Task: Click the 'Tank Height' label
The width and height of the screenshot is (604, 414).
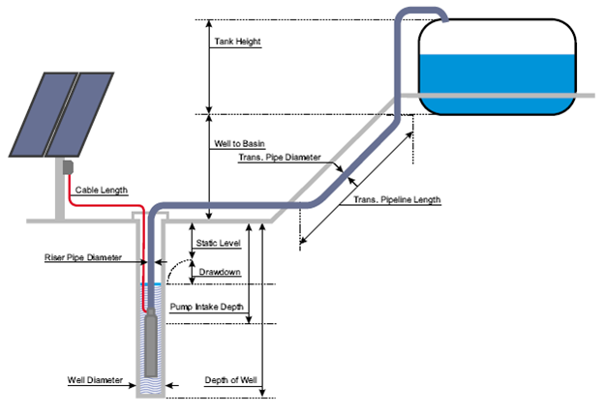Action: (236, 42)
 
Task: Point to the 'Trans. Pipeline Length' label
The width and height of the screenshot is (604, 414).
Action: (397, 200)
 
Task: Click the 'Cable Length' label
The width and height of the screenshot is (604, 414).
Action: (102, 190)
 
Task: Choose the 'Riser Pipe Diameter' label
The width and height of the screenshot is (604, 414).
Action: (83, 258)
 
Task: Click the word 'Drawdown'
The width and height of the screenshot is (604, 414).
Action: (219, 273)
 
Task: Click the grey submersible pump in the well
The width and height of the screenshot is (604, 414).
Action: (150, 343)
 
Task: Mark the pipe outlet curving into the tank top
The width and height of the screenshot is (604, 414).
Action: (438, 14)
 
